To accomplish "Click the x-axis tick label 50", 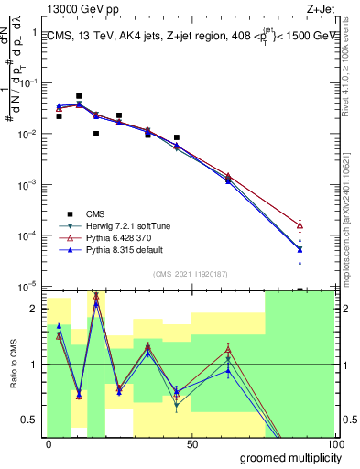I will pyautogui.click(x=192, y=443).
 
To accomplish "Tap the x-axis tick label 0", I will pyautogui.click(x=48, y=443).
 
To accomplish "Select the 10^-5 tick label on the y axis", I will pyautogui.click(x=29, y=287).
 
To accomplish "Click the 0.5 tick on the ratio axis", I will pyautogui.click(x=31, y=420).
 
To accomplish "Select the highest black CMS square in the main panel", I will pyautogui.click(x=79, y=96).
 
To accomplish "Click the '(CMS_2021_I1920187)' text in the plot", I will pyautogui.click(x=190, y=273).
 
